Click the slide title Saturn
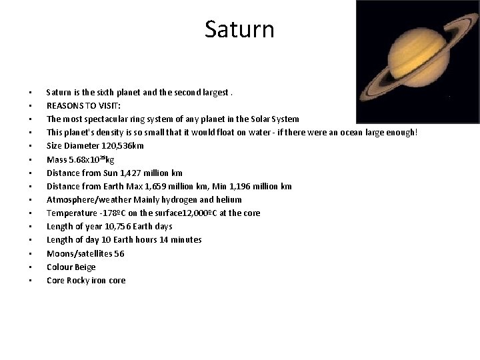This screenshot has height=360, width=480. point(239,29)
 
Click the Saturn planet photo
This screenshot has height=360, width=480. point(417,61)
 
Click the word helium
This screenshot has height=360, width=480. point(228,199)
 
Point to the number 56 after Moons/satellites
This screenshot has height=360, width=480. point(119,253)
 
